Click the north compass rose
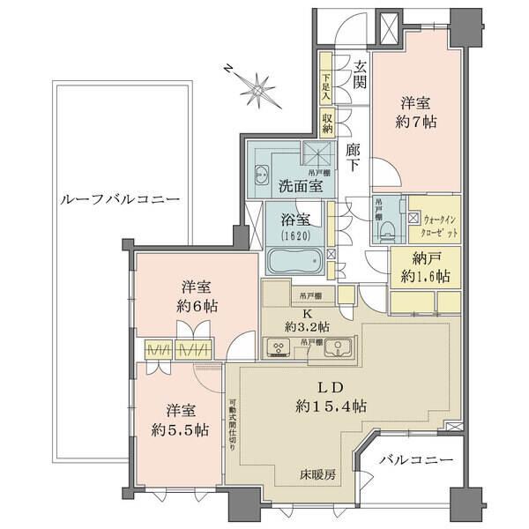(x=259, y=88)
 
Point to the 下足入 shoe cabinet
(x=326, y=86)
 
